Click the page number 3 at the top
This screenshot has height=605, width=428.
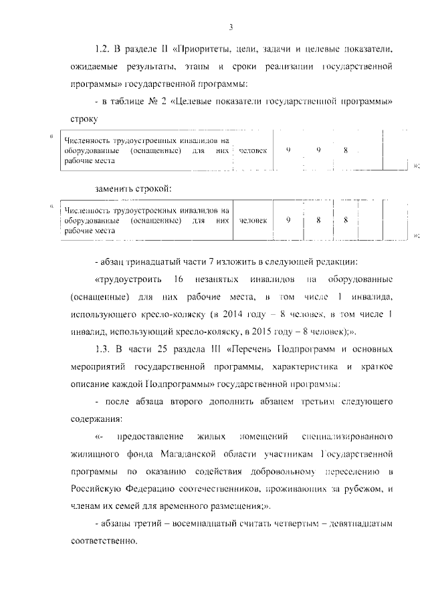click(230, 27)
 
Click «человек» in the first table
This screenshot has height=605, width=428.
click(253, 151)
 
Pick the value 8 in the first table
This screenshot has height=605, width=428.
click(346, 151)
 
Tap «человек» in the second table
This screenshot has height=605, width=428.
click(253, 219)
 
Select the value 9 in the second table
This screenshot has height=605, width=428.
click(288, 219)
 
